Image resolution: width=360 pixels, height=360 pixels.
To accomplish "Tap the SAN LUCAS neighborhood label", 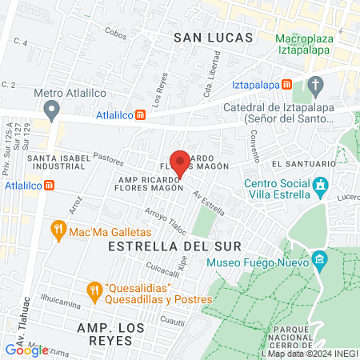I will pyautogui.click(x=213, y=38).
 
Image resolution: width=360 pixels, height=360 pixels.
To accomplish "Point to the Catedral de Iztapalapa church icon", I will pyautogui.click(x=315, y=86).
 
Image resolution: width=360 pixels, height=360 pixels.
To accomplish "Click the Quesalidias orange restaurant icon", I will pyautogui.click(x=94, y=287).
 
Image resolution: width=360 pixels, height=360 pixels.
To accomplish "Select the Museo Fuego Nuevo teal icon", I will pyautogui.click(x=319, y=259).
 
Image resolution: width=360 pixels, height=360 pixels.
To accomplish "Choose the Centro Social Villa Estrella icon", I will pyautogui.click(x=321, y=187).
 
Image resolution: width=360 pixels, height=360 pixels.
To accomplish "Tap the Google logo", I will pyautogui.click(x=26, y=350).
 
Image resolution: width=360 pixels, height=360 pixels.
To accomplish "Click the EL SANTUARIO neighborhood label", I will pyautogui.click(x=301, y=164).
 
